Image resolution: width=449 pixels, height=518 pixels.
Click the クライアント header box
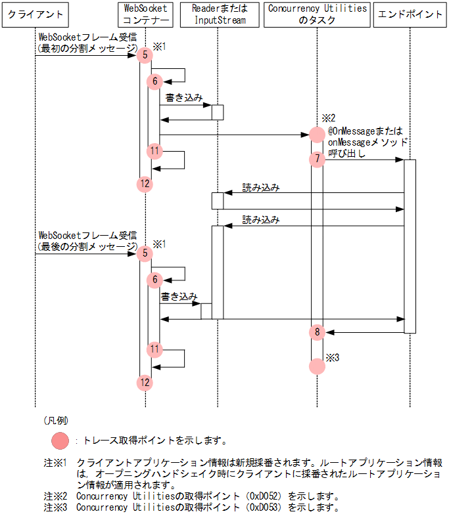click(x=35, y=14)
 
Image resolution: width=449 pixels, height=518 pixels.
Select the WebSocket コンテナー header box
click(x=146, y=14)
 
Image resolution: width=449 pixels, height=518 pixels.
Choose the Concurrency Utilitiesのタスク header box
click(x=317, y=14)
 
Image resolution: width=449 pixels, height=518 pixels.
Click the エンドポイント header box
click(x=410, y=14)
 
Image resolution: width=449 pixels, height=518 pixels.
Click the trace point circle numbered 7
click(x=317, y=159)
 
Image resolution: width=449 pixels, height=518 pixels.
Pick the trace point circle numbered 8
click(x=317, y=332)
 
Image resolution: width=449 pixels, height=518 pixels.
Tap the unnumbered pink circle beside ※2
click(x=317, y=135)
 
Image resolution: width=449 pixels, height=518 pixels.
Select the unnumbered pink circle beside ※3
click(x=317, y=366)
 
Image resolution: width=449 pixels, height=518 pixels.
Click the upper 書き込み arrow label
click(x=179, y=98)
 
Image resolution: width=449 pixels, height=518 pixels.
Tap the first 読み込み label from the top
click(x=260, y=187)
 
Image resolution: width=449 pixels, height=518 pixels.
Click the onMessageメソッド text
click(x=367, y=142)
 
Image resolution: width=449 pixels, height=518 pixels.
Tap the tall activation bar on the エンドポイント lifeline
click(x=410, y=246)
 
